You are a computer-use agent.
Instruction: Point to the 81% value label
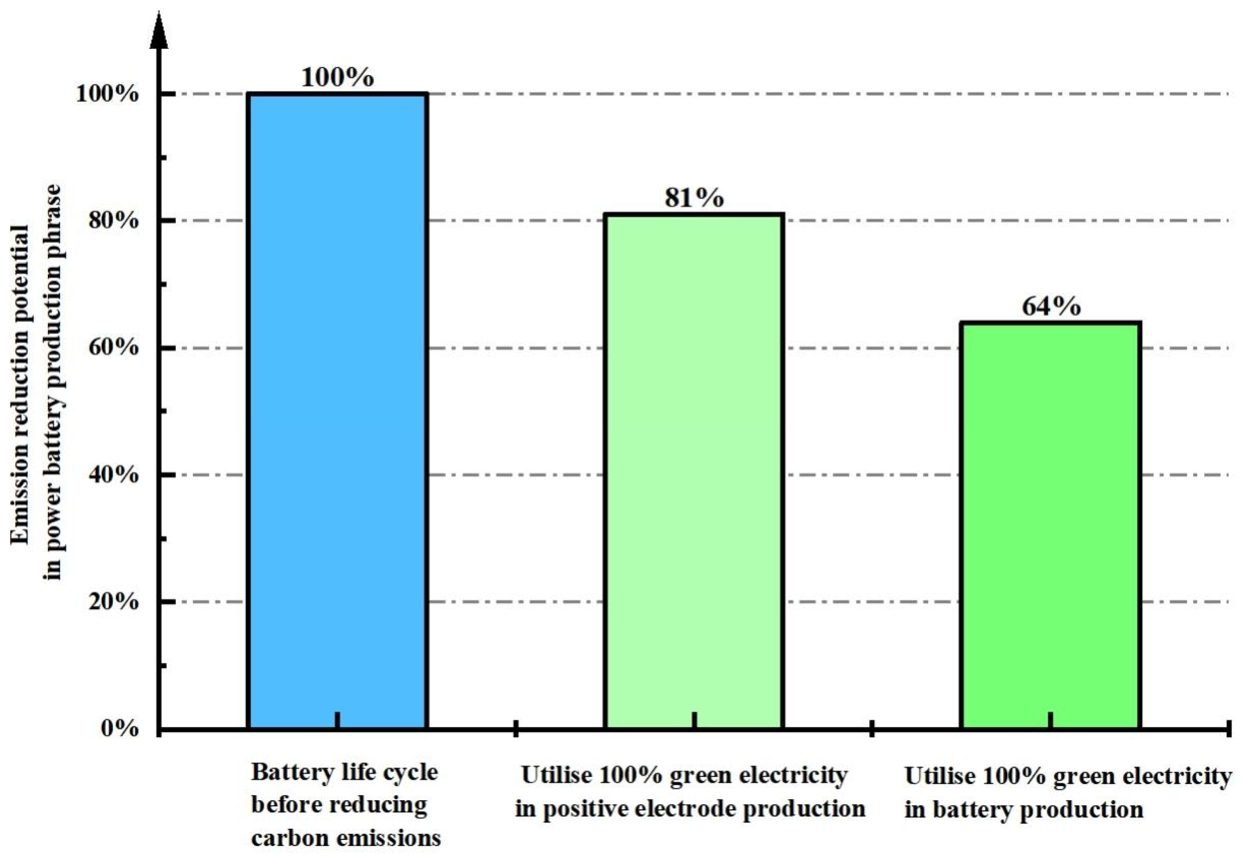click(x=694, y=198)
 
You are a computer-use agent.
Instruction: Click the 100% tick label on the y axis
click(x=107, y=95)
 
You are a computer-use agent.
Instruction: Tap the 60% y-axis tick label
click(x=114, y=348)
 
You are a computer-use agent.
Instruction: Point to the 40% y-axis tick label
click(x=114, y=475)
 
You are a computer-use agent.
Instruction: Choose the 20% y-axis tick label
click(x=114, y=602)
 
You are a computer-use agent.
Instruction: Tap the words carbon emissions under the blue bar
click(x=346, y=838)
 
